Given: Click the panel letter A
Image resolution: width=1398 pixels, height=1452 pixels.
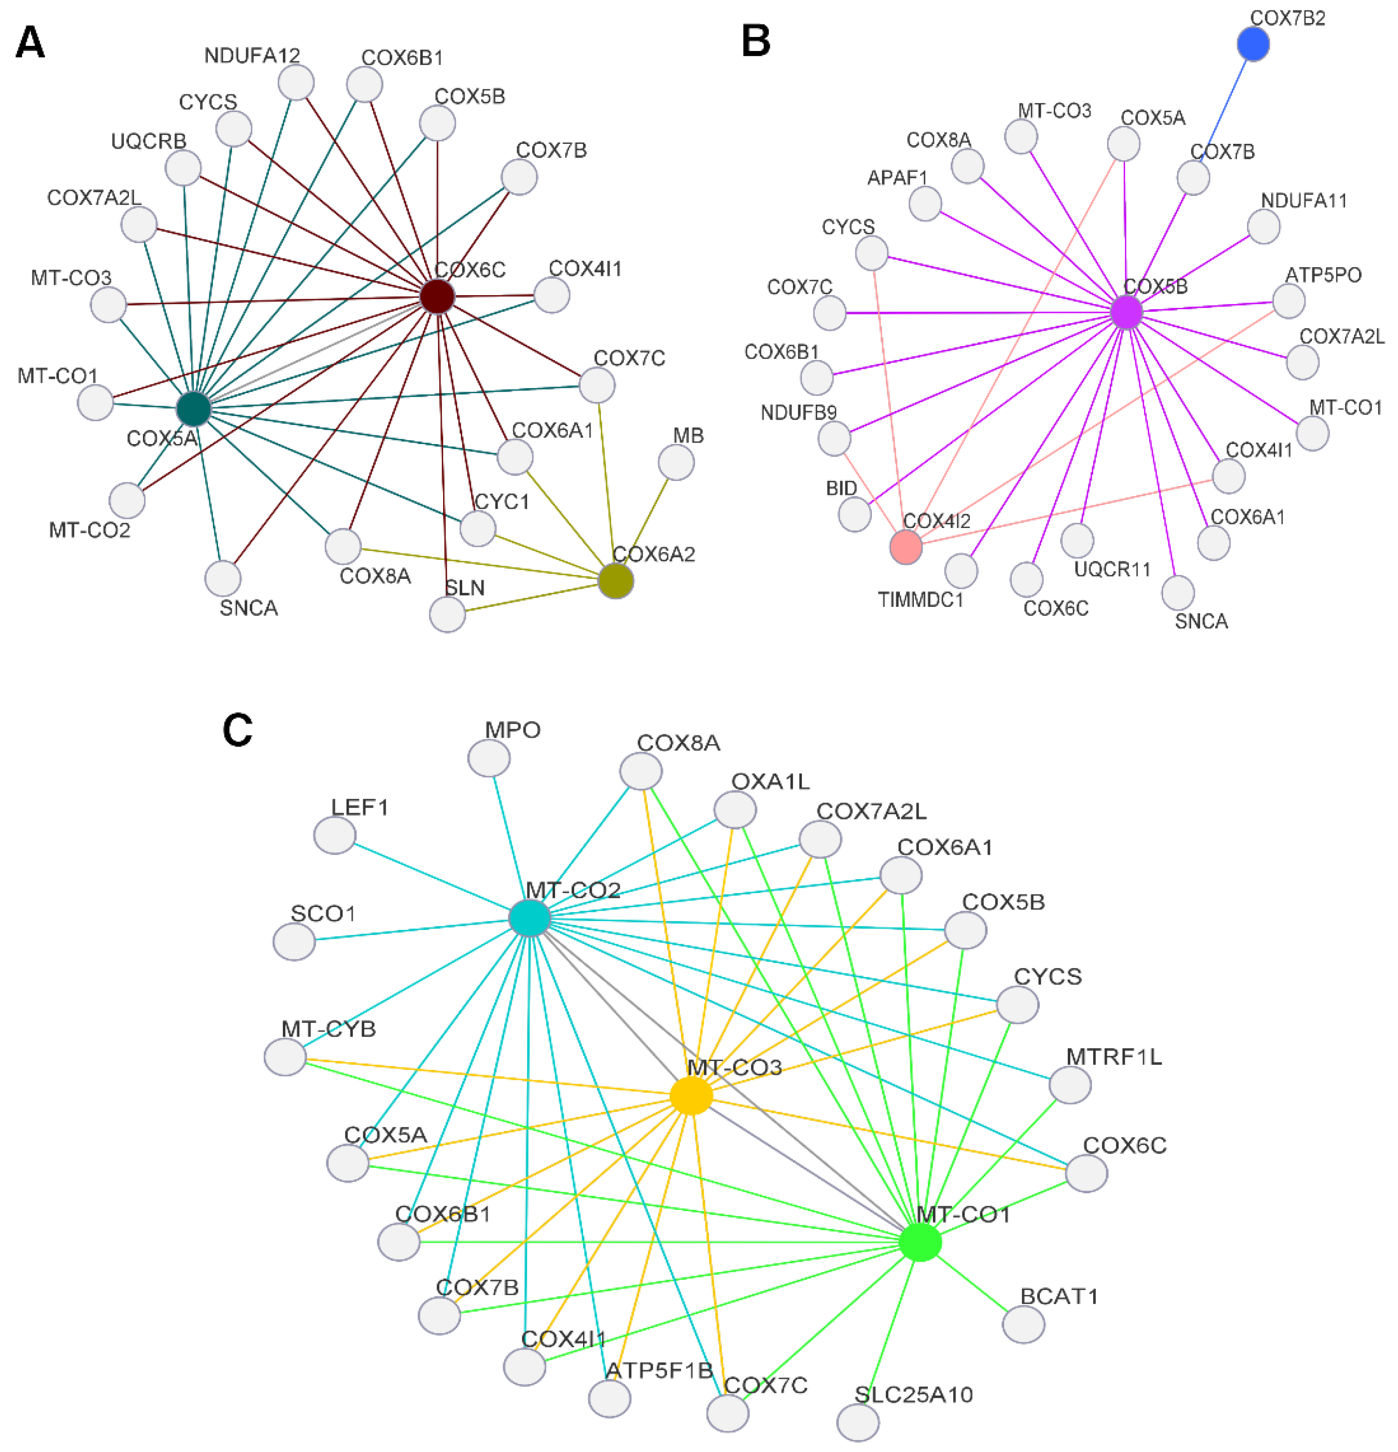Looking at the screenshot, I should pyautogui.click(x=30, y=43).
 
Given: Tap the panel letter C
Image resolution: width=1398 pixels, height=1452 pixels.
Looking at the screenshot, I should pyautogui.click(x=238, y=730).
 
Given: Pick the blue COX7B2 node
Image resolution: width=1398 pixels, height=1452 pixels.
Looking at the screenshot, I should pyautogui.click(x=1253, y=44).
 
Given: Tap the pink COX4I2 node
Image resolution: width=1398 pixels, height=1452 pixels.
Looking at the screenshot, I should pyautogui.click(x=905, y=547).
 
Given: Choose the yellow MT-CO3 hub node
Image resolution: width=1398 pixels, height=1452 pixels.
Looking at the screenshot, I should pyautogui.click(x=691, y=1095).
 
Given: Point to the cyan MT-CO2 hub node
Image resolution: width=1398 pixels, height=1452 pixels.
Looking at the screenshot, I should pyautogui.click(x=530, y=919).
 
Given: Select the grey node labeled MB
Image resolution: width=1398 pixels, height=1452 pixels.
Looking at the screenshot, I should pyautogui.click(x=676, y=463).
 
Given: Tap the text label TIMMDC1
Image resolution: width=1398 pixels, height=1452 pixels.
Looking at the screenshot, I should pyautogui.click(x=921, y=600).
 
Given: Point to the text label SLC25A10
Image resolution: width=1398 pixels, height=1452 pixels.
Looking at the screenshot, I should pyautogui.click(x=913, y=1395).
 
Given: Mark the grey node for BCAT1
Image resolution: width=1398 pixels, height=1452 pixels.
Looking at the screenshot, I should pyautogui.click(x=1023, y=1324).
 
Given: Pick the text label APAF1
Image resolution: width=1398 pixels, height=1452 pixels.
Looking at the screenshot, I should pyautogui.click(x=897, y=178).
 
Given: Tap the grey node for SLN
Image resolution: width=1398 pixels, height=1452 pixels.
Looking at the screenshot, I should pyautogui.click(x=448, y=614).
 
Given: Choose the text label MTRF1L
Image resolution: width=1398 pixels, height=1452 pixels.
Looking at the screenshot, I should pyautogui.click(x=1114, y=1056).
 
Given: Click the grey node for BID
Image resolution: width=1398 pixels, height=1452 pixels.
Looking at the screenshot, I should pyautogui.click(x=855, y=514).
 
